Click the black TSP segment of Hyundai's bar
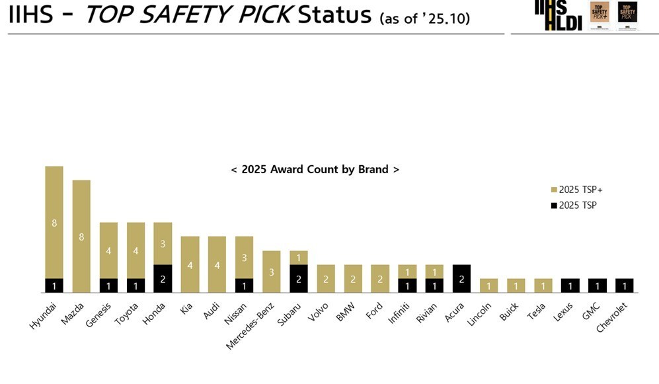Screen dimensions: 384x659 point(54,286)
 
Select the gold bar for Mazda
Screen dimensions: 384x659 point(81,236)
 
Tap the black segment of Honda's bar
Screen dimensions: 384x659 point(163,278)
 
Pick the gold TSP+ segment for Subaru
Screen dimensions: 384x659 point(299,258)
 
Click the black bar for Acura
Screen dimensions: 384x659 point(461,278)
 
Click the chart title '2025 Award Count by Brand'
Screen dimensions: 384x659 point(315,169)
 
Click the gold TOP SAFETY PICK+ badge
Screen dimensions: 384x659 point(599,15)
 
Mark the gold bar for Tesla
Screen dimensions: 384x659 point(543,286)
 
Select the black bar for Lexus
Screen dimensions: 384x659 point(570,286)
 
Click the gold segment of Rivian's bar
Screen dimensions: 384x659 point(434,272)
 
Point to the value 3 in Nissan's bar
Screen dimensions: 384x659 point(244,257)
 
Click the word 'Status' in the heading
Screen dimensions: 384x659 point(334,15)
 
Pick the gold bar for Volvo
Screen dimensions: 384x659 point(326,278)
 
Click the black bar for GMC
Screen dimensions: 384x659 point(597,286)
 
